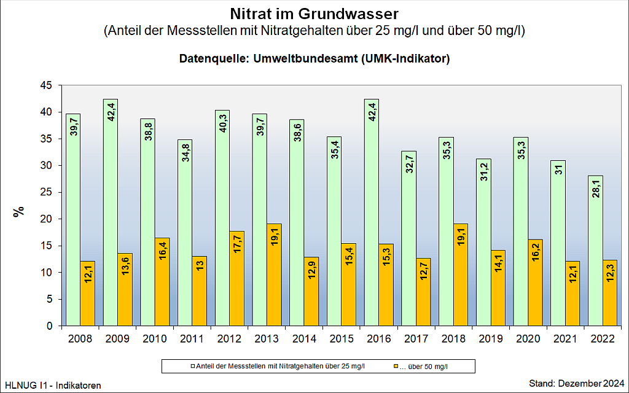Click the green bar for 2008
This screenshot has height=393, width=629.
coord(73,220)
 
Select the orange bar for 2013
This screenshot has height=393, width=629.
coord(274,274)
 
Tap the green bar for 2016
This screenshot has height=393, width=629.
coord(372,212)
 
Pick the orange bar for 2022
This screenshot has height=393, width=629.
coord(609,293)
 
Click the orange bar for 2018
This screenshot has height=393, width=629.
coord(460,274)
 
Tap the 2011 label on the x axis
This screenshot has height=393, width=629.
coord(192,338)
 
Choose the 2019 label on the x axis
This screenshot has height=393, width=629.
coord(490,338)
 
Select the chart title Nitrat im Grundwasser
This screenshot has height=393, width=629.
coord(314,13)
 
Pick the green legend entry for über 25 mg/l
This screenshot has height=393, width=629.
coord(277,367)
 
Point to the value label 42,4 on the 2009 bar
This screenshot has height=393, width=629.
coord(111,114)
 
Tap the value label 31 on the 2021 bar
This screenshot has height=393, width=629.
coord(558,171)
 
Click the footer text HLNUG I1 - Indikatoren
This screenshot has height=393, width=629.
coord(53,384)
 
